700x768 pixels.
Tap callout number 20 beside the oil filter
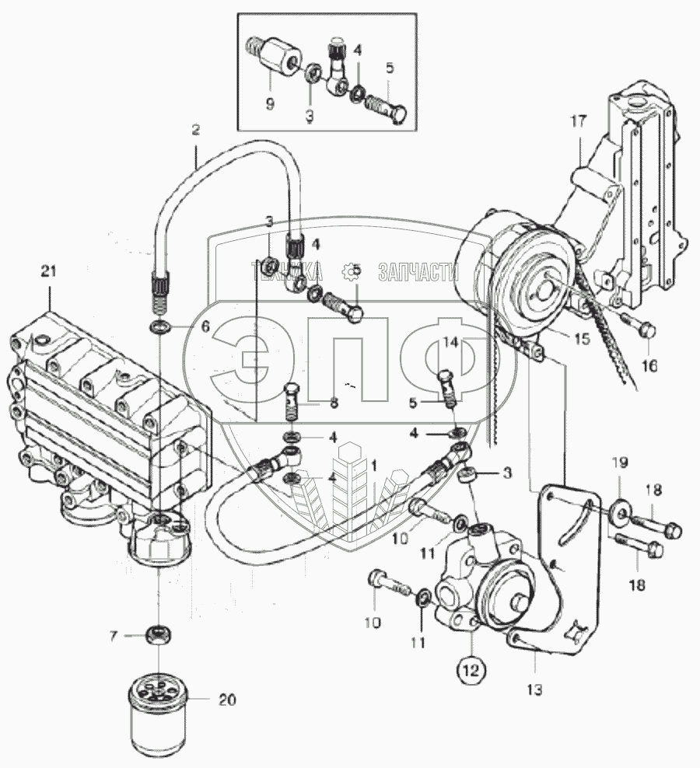click(226, 700)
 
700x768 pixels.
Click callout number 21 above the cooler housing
click(49, 271)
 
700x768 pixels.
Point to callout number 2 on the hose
click(196, 131)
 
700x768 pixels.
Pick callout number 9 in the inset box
click(270, 103)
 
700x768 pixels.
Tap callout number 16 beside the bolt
click(649, 365)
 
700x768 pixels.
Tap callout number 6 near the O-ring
click(205, 328)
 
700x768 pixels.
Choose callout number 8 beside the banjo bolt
click(334, 403)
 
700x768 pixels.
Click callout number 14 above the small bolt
click(451, 340)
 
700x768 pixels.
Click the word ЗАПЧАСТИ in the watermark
click(418, 272)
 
